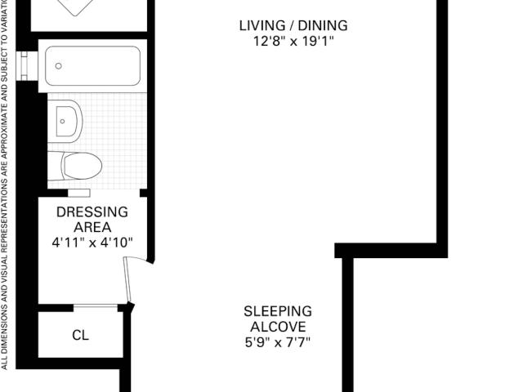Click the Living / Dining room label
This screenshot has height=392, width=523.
pos(293,25)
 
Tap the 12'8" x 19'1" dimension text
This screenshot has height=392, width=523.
pos(293,42)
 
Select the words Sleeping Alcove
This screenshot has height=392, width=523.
pos(278,319)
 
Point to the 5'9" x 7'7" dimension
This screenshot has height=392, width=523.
pos(278,342)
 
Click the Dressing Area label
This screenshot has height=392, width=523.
pos(92,220)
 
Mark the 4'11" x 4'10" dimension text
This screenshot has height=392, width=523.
pos(92,243)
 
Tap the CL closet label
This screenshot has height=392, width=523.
pos(80,336)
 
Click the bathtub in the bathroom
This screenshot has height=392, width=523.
pos(92,65)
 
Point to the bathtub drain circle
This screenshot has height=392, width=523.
pos(58,66)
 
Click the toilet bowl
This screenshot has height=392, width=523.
pos(82,166)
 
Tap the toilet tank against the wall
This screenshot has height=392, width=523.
pos(55,166)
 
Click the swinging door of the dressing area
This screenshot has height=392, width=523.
pos(128,279)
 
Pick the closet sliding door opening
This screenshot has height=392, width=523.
pos(96,306)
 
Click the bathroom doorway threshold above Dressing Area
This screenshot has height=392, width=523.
pos(79,193)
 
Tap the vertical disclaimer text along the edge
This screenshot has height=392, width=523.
pos(4,185)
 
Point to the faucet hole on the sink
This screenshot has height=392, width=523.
pos(62,122)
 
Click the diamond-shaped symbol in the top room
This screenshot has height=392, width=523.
pos(75,7)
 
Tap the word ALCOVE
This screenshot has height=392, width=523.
pos(278,327)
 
